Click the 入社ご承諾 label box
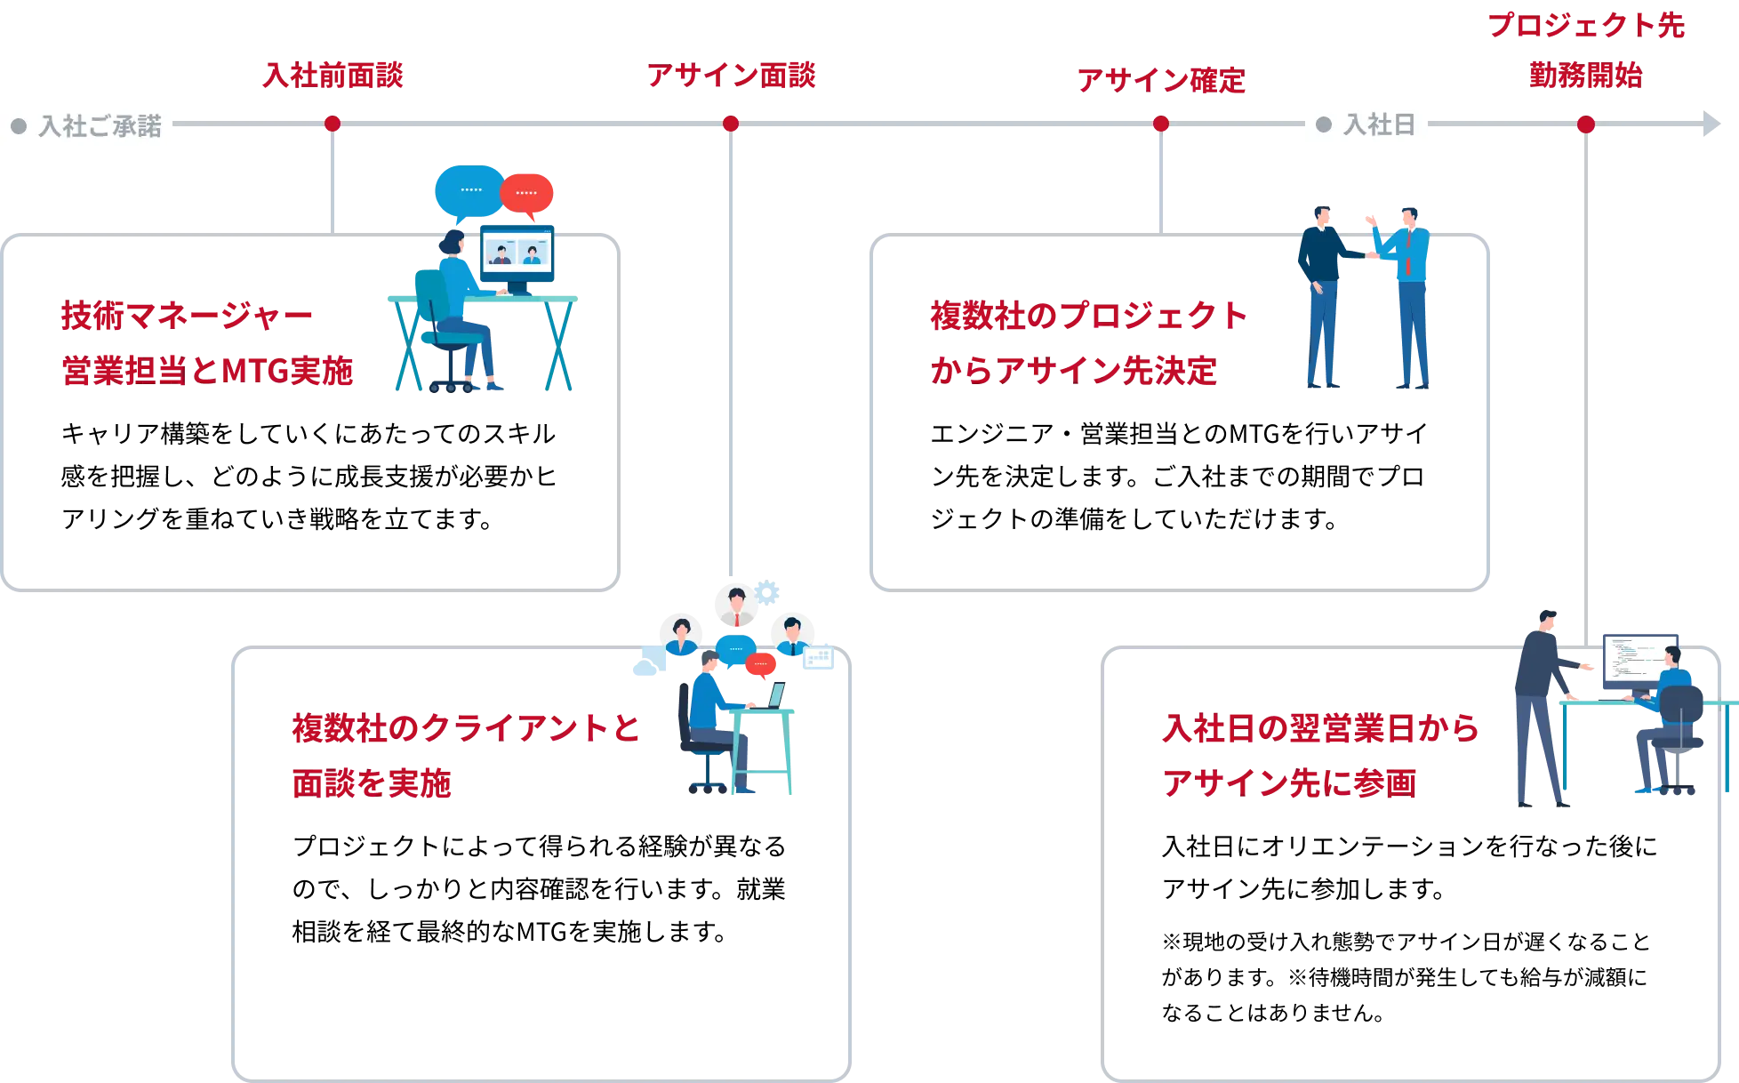click(89, 125)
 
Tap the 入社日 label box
click(1366, 124)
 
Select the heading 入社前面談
click(332, 76)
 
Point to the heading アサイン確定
click(1160, 81)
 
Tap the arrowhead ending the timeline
click(1710, 124)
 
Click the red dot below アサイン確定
click(1160, 124)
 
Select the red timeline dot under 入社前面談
click(332, 124)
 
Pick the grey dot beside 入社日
click(1324, 124)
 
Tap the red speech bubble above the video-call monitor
click(527, 193)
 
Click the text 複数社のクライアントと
click(466, 730)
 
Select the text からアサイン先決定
click(1073, 371)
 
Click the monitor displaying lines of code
click(1639, 660)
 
